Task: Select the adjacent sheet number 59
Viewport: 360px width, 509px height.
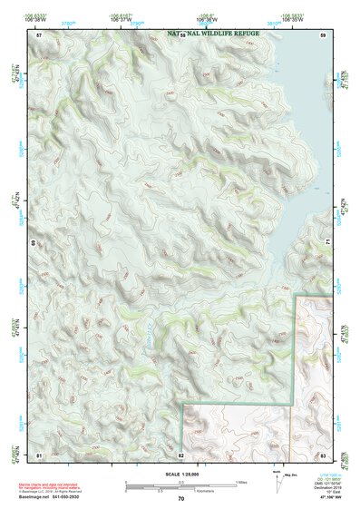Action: (323, 34)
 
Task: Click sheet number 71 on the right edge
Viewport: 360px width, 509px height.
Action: (327, 243)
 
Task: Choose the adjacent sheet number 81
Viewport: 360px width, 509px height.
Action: (39, 453)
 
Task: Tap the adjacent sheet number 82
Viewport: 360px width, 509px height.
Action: (181, 453)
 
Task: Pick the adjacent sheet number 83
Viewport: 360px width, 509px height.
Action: (323, 453)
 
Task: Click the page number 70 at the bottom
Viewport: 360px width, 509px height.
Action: (181, 499)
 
